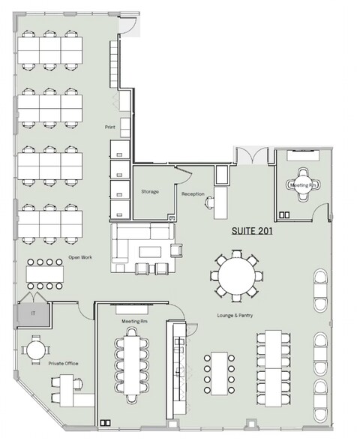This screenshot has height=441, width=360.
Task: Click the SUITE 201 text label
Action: coord(250,232)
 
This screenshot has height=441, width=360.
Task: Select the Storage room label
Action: coord(150,192)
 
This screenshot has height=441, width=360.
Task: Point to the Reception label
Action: coord(193,194)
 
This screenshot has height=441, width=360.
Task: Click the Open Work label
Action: coord(80,257)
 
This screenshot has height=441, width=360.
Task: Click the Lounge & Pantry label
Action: coord(234,316)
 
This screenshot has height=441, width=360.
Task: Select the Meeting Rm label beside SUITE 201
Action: coord(302,184)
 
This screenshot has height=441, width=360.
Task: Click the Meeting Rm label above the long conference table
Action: coord(133,320)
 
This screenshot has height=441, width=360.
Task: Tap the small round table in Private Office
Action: coord(34,351)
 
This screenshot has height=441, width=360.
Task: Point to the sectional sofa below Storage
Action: coord(142,248)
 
